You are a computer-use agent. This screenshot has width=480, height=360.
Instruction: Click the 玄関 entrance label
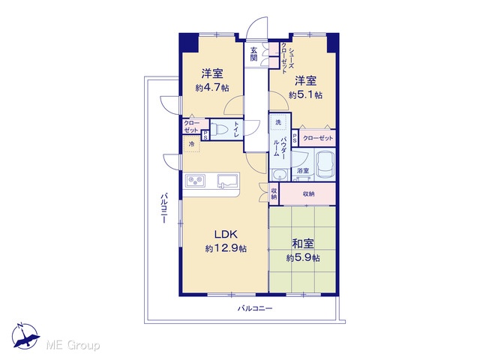click(x=253, y=54)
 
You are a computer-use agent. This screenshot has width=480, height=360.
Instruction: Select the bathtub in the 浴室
click(x=325, y=165)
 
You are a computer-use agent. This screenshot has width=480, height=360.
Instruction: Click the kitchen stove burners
click(x=195, y=180)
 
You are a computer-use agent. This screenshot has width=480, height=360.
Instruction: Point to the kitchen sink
click(x=228, y=180)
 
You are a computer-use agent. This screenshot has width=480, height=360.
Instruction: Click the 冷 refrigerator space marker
click(x=191, y=144)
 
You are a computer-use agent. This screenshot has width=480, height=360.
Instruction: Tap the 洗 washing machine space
click(x=278, y=122)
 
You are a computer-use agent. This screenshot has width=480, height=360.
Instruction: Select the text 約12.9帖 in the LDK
click(x=226, y=248)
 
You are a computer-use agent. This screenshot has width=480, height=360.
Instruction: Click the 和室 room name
click(x=303, y=244)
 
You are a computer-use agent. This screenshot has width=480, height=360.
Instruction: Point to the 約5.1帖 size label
click(x=305, y=95)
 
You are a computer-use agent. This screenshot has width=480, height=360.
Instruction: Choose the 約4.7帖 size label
click(x=212, y=88)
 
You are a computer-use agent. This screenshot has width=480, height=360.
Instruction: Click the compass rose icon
click(x=25, y=336)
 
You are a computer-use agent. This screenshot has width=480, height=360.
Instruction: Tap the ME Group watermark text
click(x=73, y=346)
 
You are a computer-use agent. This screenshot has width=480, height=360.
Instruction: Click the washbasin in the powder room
click(x=280, y=175)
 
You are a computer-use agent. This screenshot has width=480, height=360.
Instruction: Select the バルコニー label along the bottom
click(x=255, y=308)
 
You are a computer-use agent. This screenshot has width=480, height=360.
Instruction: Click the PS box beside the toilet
click(x=205, y=135)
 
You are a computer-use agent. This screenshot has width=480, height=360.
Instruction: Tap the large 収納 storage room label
click(x=308, y=194)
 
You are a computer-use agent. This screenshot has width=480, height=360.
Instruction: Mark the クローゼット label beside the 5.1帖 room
click(x=318, y=138)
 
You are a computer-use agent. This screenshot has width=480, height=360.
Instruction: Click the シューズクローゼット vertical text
click(x=287, y=58)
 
